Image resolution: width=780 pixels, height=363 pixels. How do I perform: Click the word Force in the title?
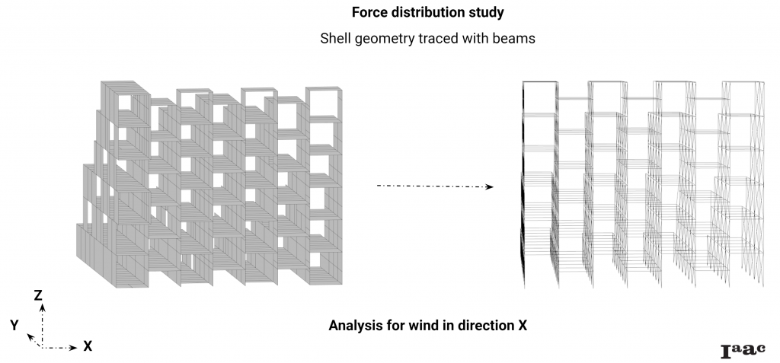(369, 13)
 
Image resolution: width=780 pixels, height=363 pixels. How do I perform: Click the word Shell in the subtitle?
(337, 40)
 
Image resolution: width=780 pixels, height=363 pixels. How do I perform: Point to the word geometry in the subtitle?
(387, 40)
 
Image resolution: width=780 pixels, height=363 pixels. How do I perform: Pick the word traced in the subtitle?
(441, 40)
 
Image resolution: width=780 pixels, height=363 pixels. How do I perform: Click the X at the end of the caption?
(523, 326)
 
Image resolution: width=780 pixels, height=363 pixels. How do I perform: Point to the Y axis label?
(14, 325)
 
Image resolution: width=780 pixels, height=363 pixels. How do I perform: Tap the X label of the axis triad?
(88, 346)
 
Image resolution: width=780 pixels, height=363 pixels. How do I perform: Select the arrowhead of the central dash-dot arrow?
(490, 186)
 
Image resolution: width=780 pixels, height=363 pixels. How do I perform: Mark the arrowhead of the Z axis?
(43, 307)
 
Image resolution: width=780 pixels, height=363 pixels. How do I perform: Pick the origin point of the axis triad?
(43, 348)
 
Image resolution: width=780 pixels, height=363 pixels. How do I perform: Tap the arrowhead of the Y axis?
(30, 336)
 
